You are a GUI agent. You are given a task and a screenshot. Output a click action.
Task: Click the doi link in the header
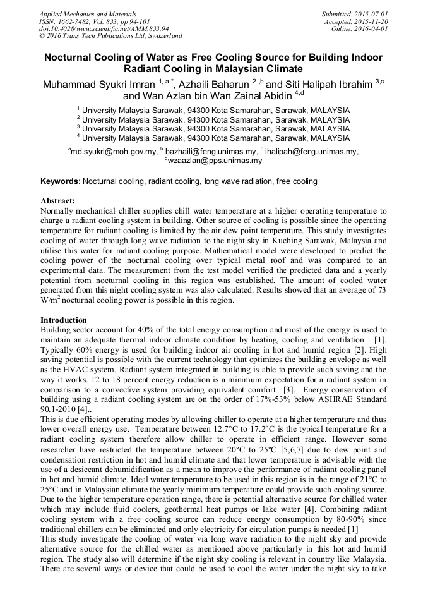coord(104,29)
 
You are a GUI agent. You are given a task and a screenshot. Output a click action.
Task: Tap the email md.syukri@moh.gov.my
coord(113,152)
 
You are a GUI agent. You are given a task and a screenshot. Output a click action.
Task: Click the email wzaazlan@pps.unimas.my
coord(215,161)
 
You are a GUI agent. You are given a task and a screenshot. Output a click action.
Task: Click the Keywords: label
coord(61,181)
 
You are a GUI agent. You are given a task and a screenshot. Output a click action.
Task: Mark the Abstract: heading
coord(57,201)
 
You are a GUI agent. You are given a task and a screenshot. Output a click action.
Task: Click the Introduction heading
coord(64,320)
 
